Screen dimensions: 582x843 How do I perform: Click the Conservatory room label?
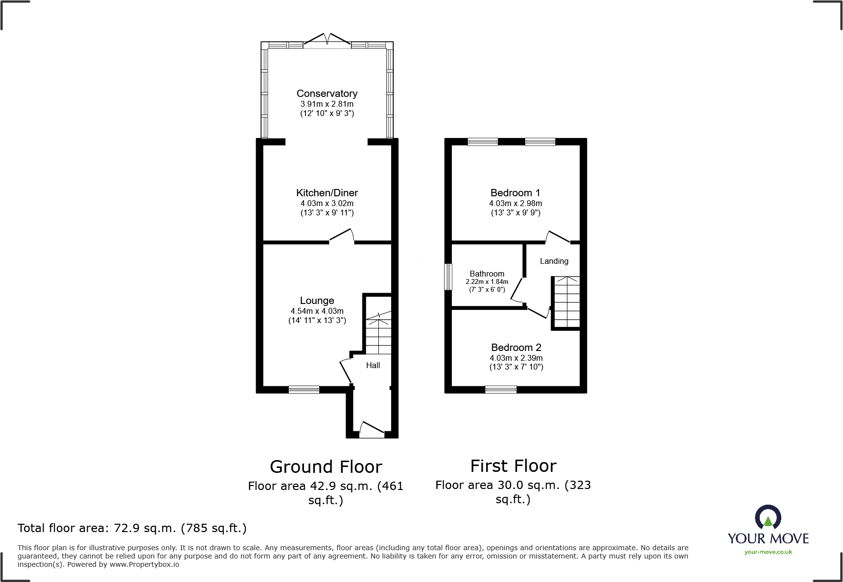pyautogui.click(x=327, y=93)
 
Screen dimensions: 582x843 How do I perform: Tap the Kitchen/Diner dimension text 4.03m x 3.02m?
pyautogui.click(x=327, y=203)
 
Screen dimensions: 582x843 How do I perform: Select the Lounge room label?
pyautogui.click(x=317, y=301)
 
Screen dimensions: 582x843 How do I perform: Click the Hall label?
pyautogui.click(x=373, y=365)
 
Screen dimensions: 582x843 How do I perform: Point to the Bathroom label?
pyautogui.click(x=487, y=274)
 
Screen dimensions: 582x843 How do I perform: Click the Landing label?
pyautogui.click(x=554, y=261)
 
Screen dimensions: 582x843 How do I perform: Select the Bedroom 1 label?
pyautogui.click(x=515, y=193)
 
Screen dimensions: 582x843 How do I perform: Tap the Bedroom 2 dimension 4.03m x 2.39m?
pyautogui.click(x=516, y=358)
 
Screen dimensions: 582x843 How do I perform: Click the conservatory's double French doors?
pyautogui.click(x=327, y=41)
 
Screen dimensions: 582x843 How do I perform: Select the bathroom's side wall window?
pyautogui.click(x=448, y=277)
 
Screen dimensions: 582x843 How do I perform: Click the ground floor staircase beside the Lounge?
pyautogui.click(x=379, y=335)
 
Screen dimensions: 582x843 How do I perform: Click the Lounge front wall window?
pyautogui.click(x=304, y=390)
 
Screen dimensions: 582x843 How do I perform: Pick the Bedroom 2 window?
pyautogui.click(x=500, y=390)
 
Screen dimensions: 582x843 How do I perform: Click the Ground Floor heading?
pyautogui.click(x=326, y=467)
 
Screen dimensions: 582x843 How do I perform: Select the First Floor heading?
pyautogui.click(x=513, y=466)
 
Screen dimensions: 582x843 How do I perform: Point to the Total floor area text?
pyautogui.click(x=132, y=528)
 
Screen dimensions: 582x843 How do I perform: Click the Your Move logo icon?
pyautogui.click(x=768, y=517)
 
